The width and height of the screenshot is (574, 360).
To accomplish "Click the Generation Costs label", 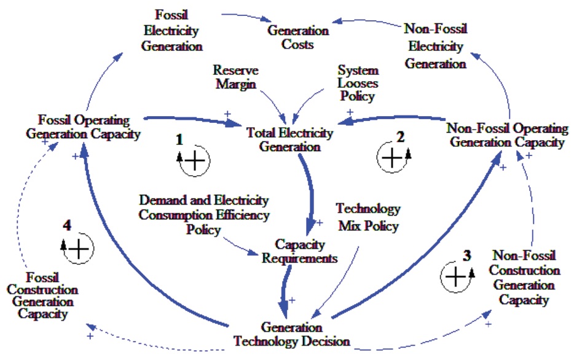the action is click(x=298, y=37).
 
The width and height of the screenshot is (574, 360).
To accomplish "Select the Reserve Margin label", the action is click(x=236, y=77).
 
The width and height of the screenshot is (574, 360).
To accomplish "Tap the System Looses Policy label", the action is click(x=358, y=83).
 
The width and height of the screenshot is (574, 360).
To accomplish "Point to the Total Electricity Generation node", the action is click(x=289, y=139).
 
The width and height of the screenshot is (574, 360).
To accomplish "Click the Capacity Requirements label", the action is click(x=299, y=251).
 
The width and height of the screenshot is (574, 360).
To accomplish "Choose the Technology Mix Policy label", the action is click(x=368, y=217).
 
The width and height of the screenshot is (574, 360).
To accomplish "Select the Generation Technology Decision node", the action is click(x=292, y=334).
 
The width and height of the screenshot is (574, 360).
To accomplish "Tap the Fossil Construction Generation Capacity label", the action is click(x=42, y=295).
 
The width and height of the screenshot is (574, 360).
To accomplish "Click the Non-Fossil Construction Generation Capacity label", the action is click(x=524, y=277).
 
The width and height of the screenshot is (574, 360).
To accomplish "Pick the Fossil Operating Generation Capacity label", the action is click(x=83, y=127).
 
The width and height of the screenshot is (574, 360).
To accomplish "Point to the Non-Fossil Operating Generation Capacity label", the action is click(x=508, y=135).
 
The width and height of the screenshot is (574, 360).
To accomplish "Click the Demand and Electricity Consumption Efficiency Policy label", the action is click(x=204, y=215).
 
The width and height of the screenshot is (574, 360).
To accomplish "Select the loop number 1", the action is click(x=179, y=139).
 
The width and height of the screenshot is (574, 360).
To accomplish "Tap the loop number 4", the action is click(x=67, y=225).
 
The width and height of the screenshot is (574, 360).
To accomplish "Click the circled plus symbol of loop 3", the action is click(x=456, y=277).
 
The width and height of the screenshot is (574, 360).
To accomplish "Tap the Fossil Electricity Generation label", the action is click(x=171, y=31).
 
